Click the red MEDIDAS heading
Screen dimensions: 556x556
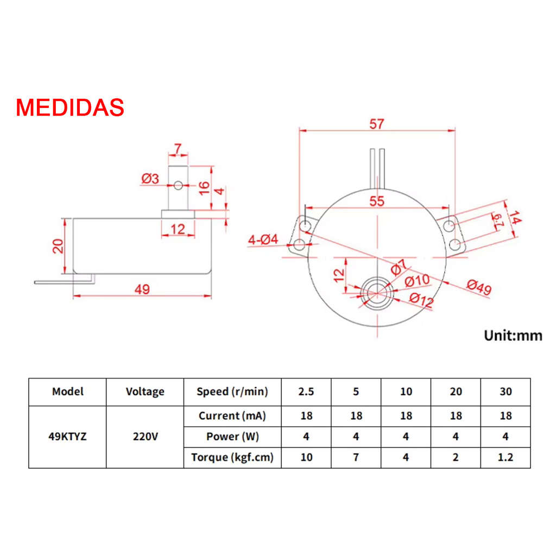70,108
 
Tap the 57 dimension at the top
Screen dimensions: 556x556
376,124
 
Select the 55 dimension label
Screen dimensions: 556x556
376,201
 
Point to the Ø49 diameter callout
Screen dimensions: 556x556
478,288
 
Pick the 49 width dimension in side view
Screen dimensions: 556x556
142,289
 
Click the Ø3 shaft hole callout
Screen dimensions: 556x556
150,178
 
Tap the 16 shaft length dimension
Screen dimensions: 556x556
204,188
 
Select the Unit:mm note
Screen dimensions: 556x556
513,335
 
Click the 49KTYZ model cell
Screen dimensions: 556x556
67,436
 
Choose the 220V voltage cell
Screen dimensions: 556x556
144,436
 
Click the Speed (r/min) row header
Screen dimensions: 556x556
231,391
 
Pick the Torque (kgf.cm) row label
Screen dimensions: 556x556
231,457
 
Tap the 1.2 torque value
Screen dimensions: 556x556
505,457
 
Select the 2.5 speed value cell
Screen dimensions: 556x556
306,391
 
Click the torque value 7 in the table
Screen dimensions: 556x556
356,457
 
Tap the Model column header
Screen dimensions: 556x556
67,391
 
